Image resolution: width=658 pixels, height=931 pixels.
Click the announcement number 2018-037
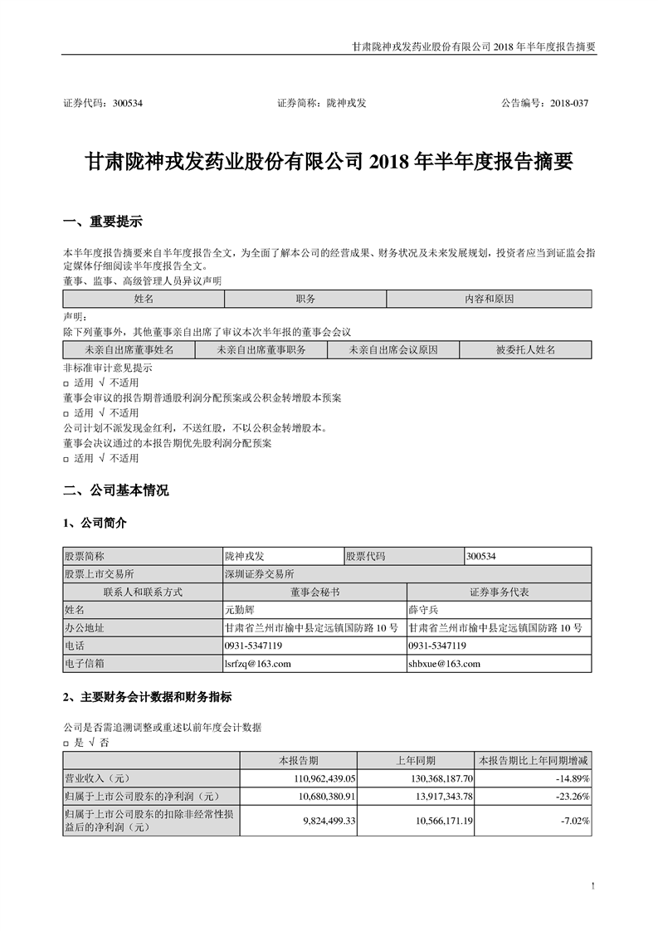pos(567,104)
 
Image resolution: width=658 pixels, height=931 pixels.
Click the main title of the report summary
pos(329,161)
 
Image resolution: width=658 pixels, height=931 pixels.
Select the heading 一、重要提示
pos(103,222)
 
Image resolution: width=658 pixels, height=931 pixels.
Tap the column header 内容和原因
pos(489,298)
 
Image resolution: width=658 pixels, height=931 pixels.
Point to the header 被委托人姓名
pos(525,350)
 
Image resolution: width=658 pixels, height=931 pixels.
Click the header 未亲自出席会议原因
pos(392,350)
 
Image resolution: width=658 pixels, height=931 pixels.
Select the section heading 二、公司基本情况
pos(116,490)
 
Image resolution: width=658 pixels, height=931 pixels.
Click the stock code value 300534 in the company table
pos(484,557)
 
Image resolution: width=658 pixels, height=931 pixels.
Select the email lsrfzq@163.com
pos(257,664)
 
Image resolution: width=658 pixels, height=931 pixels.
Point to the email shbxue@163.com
pos(444,664)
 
